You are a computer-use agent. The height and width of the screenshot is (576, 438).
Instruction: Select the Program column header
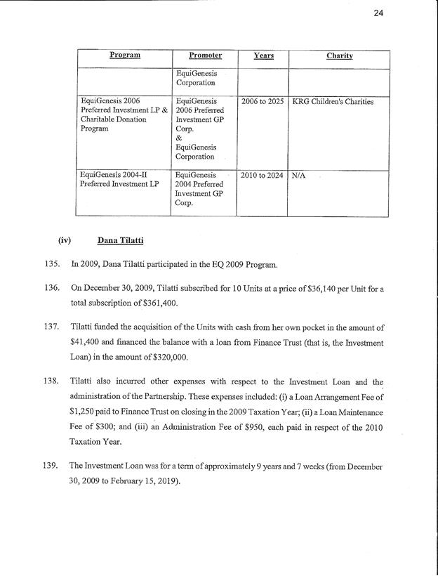[x=123, y=55]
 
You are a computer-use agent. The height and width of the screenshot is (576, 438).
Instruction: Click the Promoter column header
[x=205, y=55]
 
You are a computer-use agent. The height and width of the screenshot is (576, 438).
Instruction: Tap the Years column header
[x=263, y=55]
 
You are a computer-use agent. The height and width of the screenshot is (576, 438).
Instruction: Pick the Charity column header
[x=339, y=55]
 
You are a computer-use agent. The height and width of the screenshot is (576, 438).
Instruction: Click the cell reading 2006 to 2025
[x=263, y=102]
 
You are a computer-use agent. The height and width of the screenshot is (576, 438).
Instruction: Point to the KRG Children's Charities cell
[x=333, y=102]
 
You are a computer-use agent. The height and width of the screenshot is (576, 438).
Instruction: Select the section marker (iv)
[x=66, y=242]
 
